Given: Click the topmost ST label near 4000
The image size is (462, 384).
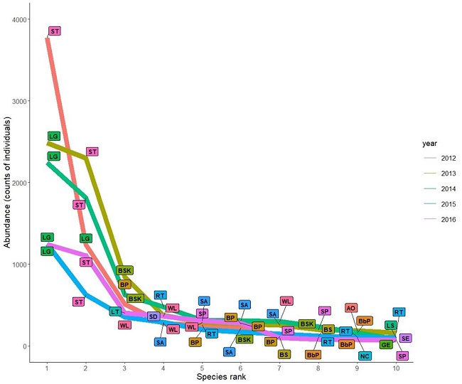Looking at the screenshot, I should [x=55, y=31].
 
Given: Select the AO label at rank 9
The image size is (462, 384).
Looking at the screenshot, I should [x=350, y=308].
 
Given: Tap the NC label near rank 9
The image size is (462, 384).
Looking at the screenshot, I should [x=365, y=356].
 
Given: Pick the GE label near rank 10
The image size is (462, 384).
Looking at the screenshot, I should [x=386, y=345].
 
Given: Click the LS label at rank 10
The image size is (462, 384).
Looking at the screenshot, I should [x=390, y=325].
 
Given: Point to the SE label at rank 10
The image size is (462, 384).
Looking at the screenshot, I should [x=405, y=338].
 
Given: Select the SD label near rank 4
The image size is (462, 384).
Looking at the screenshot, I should [x=154, y=316].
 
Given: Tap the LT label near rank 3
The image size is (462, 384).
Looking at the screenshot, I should [x=115, y=311].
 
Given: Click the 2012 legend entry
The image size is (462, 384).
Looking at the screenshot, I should [x=440, y=157].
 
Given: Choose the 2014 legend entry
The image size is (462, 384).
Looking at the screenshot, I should [x=440, y=188].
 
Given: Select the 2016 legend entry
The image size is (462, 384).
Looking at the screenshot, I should [x=440, y=220].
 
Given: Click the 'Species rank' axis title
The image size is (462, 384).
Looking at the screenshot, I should [x=220, y=377].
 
